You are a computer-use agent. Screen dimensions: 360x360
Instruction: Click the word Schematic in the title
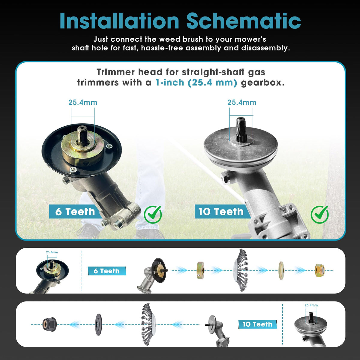(x=244, y=21)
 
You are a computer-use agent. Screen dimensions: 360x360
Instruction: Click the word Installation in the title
(x=119, y=21)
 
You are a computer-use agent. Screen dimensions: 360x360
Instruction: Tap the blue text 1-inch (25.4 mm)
(x=196, y=82)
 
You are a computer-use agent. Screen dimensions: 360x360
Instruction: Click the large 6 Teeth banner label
(x=75, y=212)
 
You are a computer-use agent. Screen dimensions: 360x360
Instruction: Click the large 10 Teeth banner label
(x=221, y=212)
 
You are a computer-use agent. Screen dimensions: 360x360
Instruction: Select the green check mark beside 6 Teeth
(x=153, y=214)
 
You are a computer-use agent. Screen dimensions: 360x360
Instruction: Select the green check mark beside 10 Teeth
(x=319, y=214)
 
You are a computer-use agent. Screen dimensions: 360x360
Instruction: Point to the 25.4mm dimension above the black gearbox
(x=83, y=103)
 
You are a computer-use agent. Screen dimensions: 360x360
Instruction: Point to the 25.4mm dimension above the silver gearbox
(x=242, y=103)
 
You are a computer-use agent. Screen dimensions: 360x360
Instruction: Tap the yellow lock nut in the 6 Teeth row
(x=319, y=271)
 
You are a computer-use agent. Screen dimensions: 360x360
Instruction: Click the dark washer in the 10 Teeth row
(x=98, y=325)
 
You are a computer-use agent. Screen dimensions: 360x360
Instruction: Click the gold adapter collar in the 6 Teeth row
(x=200, y=270)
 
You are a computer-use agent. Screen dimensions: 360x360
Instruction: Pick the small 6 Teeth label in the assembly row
(x=107, y=271)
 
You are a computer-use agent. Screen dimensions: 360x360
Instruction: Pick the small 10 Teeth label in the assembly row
(x=258, y=324)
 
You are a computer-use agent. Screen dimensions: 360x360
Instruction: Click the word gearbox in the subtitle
(x=263, y=82)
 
